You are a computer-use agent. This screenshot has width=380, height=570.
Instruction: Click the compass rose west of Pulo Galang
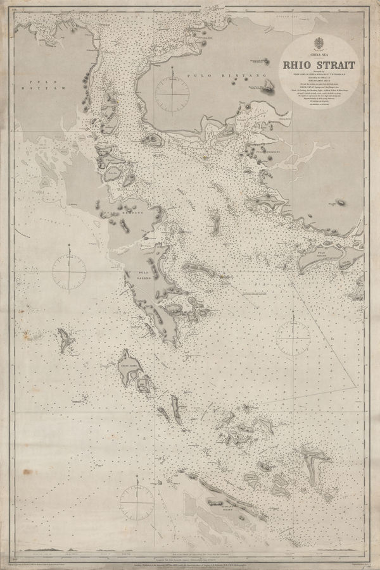pyautogui.click(x=69, y=270)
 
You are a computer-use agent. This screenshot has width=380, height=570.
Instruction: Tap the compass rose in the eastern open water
pyautogui.click(x=293, y=331)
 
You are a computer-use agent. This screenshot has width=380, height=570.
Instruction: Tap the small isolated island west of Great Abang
pyautogui.click(x=65, y=340)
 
